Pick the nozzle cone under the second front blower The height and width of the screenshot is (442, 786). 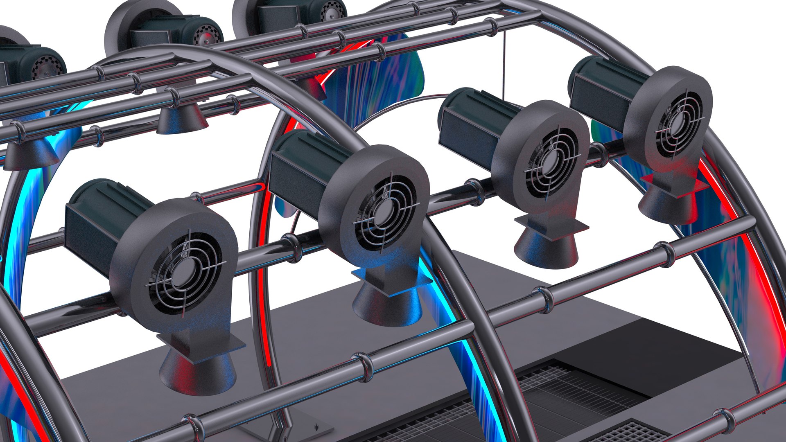click(x=387, y=305)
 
